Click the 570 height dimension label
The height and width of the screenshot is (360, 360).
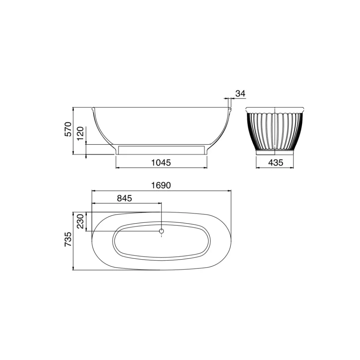(68, 130)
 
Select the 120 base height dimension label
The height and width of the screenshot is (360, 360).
(80, 134)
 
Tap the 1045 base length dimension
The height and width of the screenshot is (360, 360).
(161, 163)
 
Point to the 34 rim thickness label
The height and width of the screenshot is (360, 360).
(240, 93)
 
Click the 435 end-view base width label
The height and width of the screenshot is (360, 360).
(275, 163)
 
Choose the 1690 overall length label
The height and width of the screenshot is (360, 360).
(161, 185)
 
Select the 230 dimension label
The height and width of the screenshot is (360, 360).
(80, 221)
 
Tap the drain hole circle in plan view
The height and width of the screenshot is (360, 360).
(161, 231)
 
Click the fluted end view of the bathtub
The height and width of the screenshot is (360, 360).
(275, 131)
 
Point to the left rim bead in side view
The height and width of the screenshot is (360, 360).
(93, 109)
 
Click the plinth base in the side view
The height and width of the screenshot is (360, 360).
(161, 150)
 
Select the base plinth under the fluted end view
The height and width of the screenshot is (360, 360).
(275, 153)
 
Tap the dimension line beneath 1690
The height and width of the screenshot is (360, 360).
(161, 191)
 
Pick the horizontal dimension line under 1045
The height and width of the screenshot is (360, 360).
(161, 167)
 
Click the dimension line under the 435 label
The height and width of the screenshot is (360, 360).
(275, 167)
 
